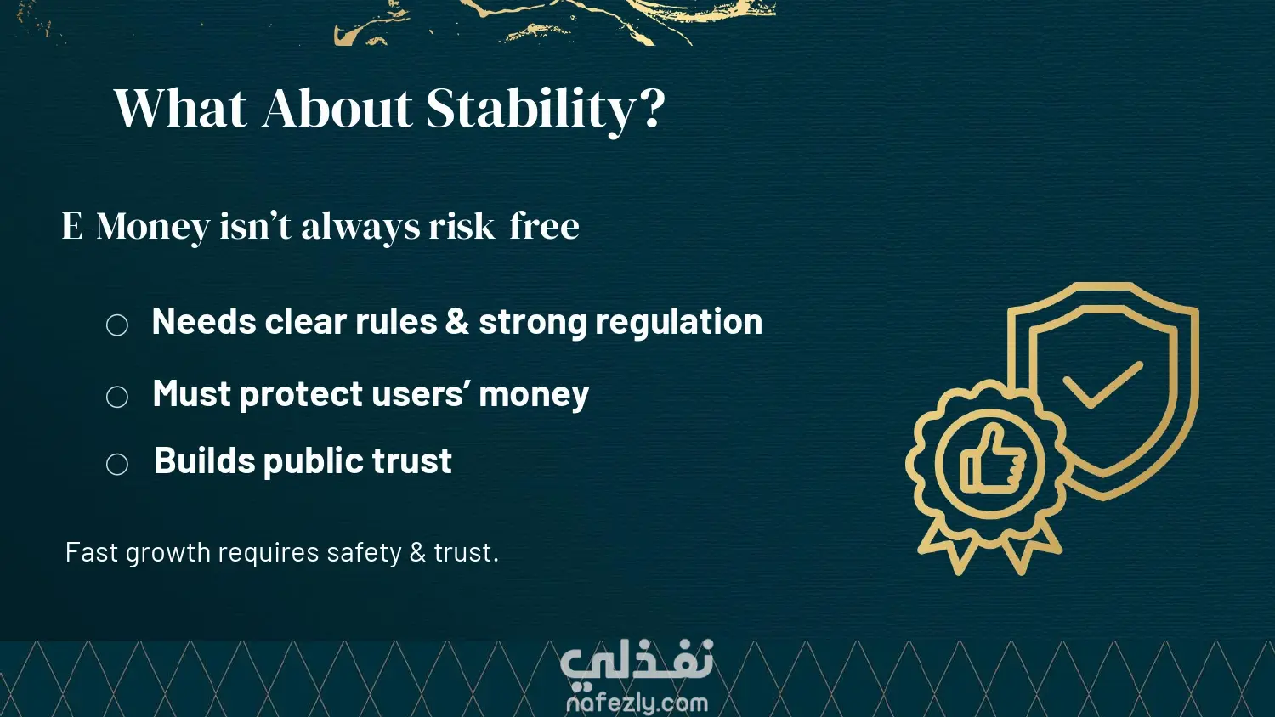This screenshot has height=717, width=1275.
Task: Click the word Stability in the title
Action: pyautogui.click(x=530, y=110)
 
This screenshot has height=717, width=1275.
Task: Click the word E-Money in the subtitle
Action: pyautogui.click(x=136, y=227)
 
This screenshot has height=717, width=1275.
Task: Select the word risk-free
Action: pyautogui.click(x=504, y=225)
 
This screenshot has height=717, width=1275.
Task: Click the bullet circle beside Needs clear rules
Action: pyautogui.click(x=117, y=325)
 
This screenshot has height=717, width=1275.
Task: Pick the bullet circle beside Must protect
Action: pyautogui.click(x=117, y=397)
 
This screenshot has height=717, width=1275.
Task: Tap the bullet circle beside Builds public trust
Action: pyautogui.click(x=117, y=464)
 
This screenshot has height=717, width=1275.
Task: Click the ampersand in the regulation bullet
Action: pyautogui.click(x=457, y=321)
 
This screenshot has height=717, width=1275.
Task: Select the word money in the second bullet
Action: pyautogui.click(x=533, y=395)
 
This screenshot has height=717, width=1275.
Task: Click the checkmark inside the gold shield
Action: pyautogui.click(x=1102, y=384)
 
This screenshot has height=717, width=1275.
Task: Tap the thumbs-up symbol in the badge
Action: pyautogui.click(x=992, y=460)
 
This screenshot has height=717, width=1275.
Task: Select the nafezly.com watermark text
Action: pyautogui.click(x=637, y=703)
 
